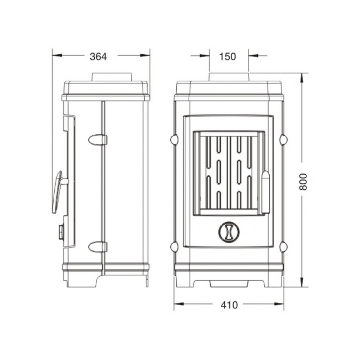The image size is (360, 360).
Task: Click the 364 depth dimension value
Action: [x=98, y=57]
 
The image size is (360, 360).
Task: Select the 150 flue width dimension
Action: [x=228, y=57]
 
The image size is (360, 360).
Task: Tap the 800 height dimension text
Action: [x=303, y=182]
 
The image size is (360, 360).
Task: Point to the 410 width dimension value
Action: [x=229, y=305]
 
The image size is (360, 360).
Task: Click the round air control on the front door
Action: [x=229, y=232]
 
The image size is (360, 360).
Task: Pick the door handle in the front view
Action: [x=266, y=192]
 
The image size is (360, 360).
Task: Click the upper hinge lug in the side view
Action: [x=98, y=140]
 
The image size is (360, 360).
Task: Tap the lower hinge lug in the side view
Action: [x=98, y=247]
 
